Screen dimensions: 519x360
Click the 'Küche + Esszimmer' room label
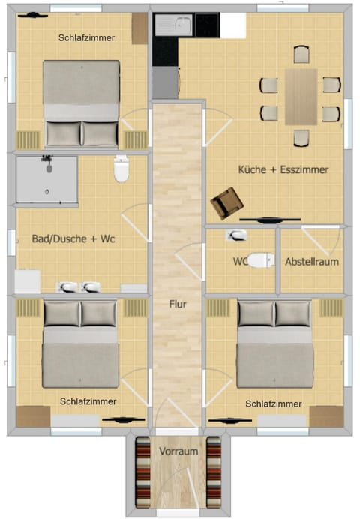pyautogui.click(x=283, y=170)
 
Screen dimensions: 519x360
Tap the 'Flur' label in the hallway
pyautogui.click(x=177, y=304)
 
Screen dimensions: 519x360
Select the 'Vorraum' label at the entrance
pyautogui.click(x=178, y=451)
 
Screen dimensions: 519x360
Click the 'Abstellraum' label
pyautogui.click(x=312, y=262)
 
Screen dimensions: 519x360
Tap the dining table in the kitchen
pyautogui.click(x=301, y=97)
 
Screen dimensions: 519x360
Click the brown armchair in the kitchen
pyautogui.click(x=226, y=202)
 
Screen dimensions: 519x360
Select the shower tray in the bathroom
pyautogui.click(x=46, y=180)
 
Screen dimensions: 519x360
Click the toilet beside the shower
pyautogui.click(x=121, y=169)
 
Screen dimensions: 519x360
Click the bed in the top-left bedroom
pyautogui.click(x=81, y=103)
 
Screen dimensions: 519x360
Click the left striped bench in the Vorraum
pyautogui.click(x=142, y=472)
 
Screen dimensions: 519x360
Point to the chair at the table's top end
pyautogui.click(x=301, y=54)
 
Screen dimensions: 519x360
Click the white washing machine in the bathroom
pyautogui.click(x=28, y=281)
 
